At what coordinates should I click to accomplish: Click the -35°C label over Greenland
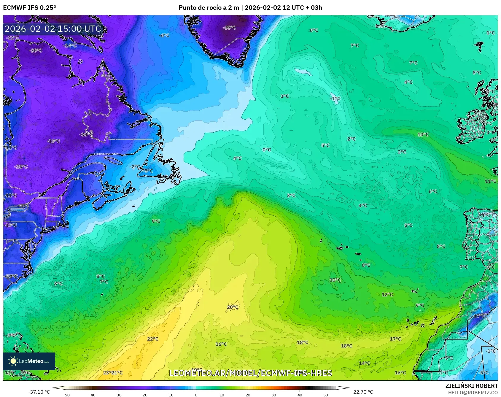click(x=229, y=28)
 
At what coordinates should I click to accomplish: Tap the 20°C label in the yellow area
click(x=233, y=307)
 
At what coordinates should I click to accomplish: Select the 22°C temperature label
click(x=153, y=339)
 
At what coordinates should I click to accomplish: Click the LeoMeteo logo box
click(x=29, y=361)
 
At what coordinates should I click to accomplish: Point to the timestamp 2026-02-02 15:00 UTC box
click(x=53, y=29)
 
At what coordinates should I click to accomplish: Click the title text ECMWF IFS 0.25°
click(x=30, y=7)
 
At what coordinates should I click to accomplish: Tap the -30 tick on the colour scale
click(x=118, y=395)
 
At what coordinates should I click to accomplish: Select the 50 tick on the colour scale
click(x=326, y=395)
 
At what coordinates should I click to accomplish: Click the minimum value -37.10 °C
click(x=39, y=392)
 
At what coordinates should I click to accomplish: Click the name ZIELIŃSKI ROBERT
click(x=471, y=386)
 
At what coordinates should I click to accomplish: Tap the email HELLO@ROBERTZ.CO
click(x=473, y=393)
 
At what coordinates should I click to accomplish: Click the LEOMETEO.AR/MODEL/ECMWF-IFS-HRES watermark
click(x=251, y=373)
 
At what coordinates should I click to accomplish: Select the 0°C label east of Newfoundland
click(x=267, y=150)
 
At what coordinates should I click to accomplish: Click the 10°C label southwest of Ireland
click(x=423, y=134)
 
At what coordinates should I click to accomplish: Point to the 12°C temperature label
click(x=387, y=294)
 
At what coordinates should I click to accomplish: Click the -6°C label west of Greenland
click(x=164, y=35)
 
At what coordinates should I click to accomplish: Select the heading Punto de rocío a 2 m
click(x=209, y=7)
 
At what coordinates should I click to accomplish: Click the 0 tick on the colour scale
click(x=196, y=395)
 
